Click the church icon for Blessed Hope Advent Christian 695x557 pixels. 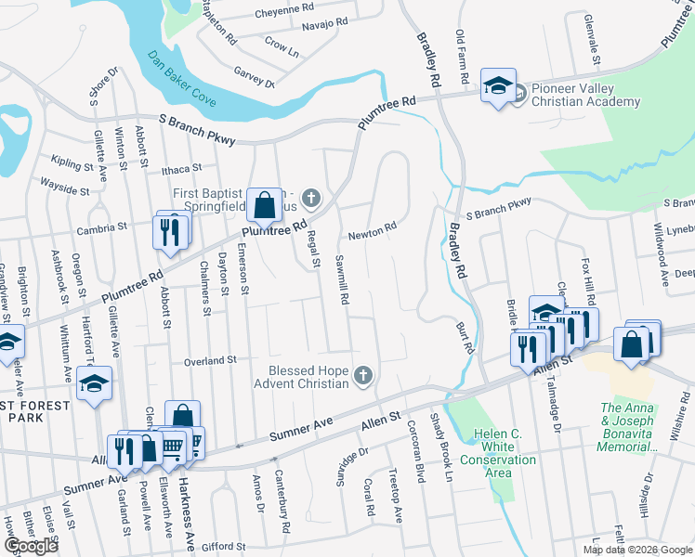[x=364, y=376]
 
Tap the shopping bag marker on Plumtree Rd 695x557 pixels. [x=264, y=205]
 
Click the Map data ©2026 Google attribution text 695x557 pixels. [x=637, y=550]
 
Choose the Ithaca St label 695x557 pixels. [x=181, y=169]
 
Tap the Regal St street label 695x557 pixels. [x=315, y=249]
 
